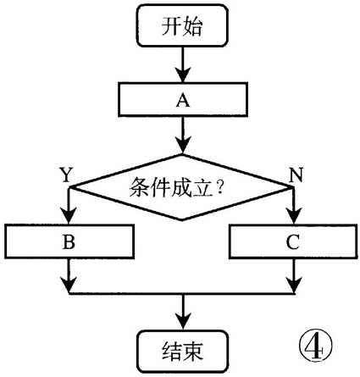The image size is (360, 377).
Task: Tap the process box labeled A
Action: coord(180,98)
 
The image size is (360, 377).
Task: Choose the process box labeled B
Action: coord(69,241)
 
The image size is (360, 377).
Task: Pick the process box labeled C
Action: coord(292,241)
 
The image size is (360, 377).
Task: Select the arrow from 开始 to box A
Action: coord(181,64)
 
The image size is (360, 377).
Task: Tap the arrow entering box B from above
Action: coord(69,207)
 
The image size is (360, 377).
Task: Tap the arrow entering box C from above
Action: coord(293,207)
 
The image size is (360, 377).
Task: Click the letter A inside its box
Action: coord(180,98)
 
